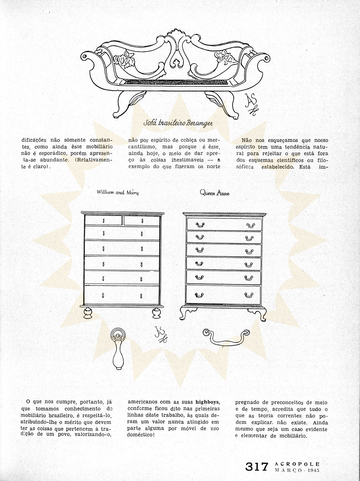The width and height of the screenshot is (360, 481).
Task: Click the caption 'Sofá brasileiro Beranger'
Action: [178, 123]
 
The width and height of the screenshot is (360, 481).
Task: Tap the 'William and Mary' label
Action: [118, 192]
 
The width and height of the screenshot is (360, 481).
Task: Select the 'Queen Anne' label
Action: [215, 193]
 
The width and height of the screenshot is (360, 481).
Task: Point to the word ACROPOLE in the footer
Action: [297, 464]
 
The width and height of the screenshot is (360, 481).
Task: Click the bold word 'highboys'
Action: [207, 402]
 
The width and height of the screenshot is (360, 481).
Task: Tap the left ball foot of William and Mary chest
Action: [87, 313]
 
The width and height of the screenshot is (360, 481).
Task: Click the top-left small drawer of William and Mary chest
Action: [103, 221]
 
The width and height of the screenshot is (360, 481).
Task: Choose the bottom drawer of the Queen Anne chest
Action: [223, 294]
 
